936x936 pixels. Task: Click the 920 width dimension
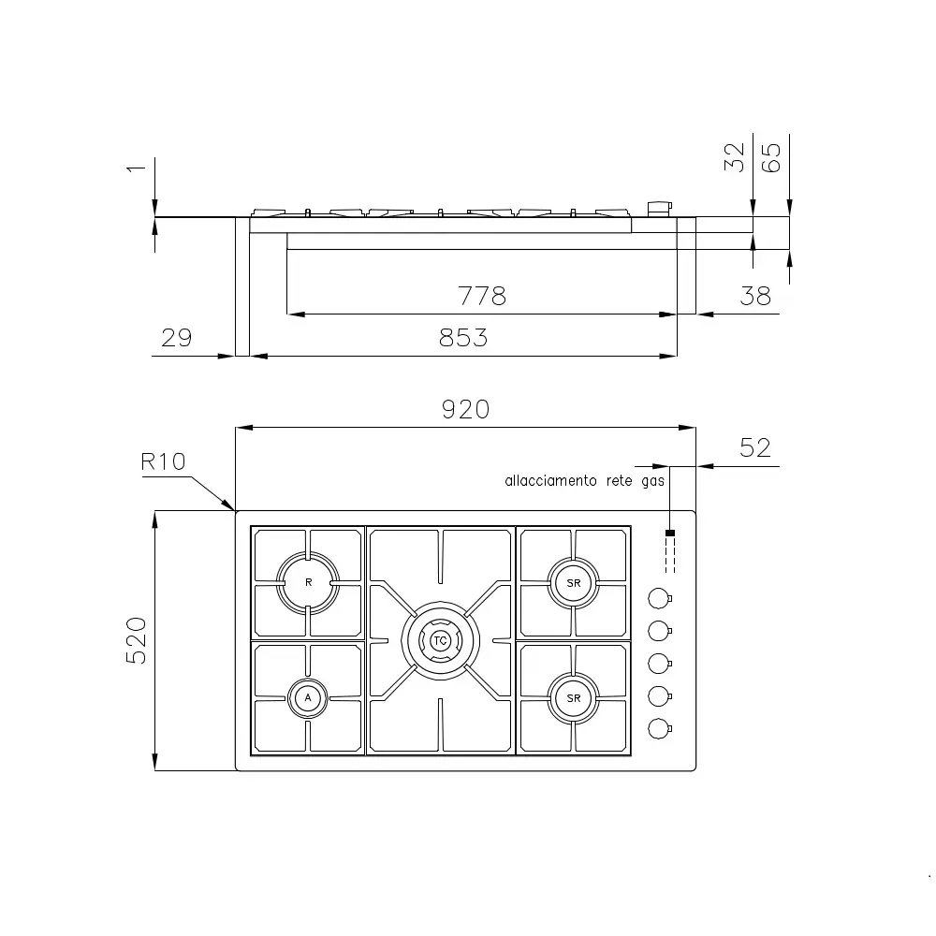coord(465,409)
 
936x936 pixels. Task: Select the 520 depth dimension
coord(137,640)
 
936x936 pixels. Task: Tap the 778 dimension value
coord(481,296)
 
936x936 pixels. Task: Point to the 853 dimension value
coord(463,338)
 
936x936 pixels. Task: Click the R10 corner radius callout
coord(164,461)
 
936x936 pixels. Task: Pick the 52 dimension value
coord(754,447)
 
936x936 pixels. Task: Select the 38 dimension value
coord(754,296)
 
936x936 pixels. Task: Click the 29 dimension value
coord(176,338)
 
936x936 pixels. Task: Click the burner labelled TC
coord(440,640)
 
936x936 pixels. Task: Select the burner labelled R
coord(308,582)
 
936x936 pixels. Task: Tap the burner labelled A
coord(308,697)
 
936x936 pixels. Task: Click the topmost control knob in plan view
coord(659,597)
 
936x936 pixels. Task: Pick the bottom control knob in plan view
coord(659,727)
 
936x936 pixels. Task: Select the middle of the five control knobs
coord(659,663)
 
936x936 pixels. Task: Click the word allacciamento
coord(550,481)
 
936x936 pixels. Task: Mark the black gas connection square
coord(670,534)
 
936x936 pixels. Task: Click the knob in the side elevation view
coord(660,209)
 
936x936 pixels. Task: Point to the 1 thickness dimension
coord(137,168)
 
